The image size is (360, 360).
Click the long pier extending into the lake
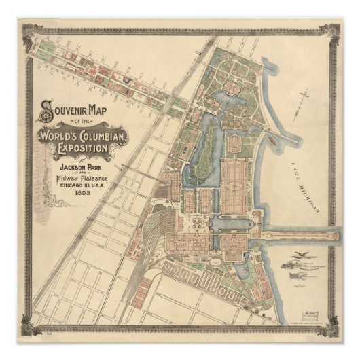click(302, 235)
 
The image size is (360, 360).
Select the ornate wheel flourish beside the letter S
click(46, 115)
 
